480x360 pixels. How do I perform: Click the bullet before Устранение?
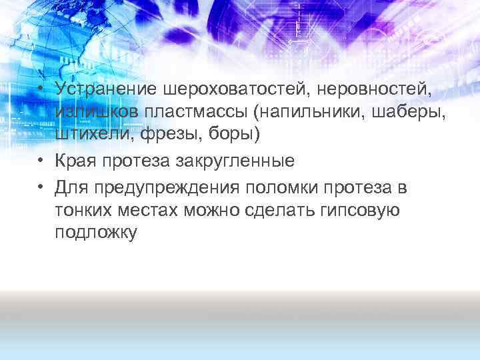click(x=41, y=89)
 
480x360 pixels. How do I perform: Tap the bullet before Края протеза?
click(x=41, y=163)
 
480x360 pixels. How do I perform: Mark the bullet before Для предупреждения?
click(x=41, y=189)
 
